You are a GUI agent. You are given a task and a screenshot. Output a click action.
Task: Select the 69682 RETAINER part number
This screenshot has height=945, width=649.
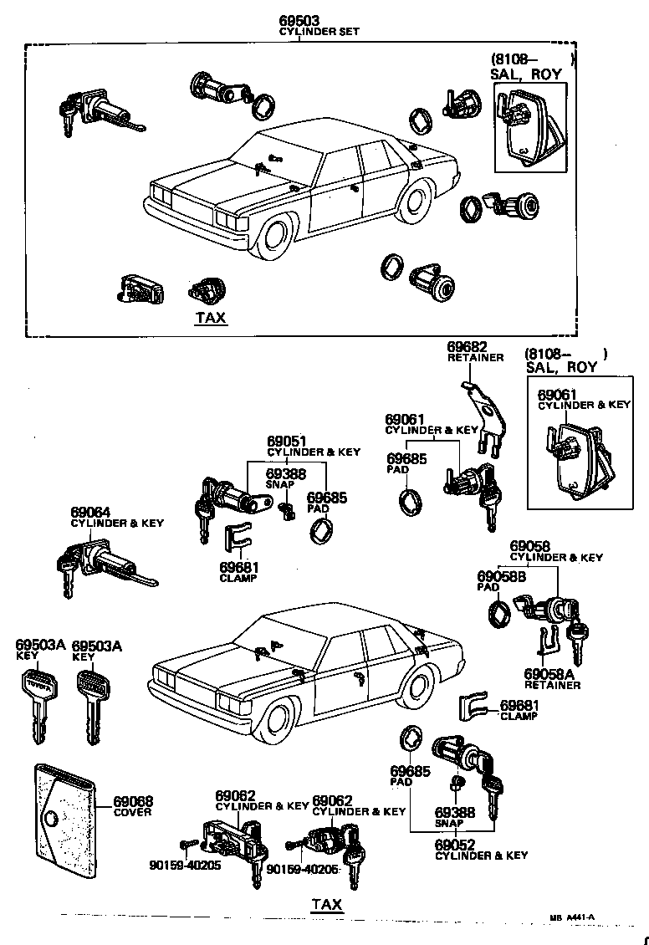point(467,346)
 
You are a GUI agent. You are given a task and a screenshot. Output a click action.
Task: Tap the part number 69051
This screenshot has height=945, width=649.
point(287,441)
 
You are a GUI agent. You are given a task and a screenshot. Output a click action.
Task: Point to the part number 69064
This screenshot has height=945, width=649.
point(90,512)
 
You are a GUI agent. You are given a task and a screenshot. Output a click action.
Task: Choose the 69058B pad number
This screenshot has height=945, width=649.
point(501,576)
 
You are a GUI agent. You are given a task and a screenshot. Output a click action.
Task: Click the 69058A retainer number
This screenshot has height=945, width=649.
point(548,673)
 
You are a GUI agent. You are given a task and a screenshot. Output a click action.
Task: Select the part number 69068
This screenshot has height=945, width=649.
point(133,801)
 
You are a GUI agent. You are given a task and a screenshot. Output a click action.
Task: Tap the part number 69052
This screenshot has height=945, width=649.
point(455,845)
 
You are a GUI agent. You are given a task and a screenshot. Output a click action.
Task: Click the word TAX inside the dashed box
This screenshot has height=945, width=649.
point(210,318)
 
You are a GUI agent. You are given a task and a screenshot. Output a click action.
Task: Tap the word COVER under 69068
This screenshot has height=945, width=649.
point(133,812)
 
